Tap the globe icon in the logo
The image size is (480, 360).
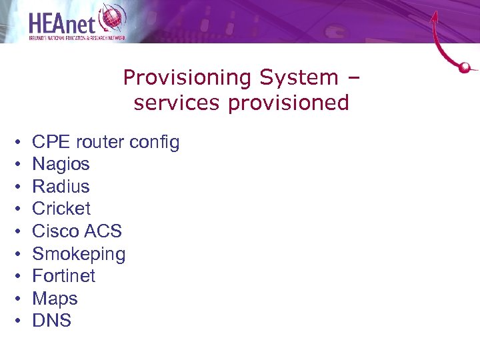(111, 17)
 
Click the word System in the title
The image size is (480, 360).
(299, 78)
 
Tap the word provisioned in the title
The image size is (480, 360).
(292, 103)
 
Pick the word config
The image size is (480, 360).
(155, 143)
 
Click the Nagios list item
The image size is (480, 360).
(61, 164)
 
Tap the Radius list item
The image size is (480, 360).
(61, 187)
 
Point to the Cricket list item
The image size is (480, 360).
(61, 209)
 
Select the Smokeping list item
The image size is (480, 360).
(79, 254)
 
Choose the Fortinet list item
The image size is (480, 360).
(64, 276)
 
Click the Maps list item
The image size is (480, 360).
(55, 299)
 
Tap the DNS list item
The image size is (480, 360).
(51, 321)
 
